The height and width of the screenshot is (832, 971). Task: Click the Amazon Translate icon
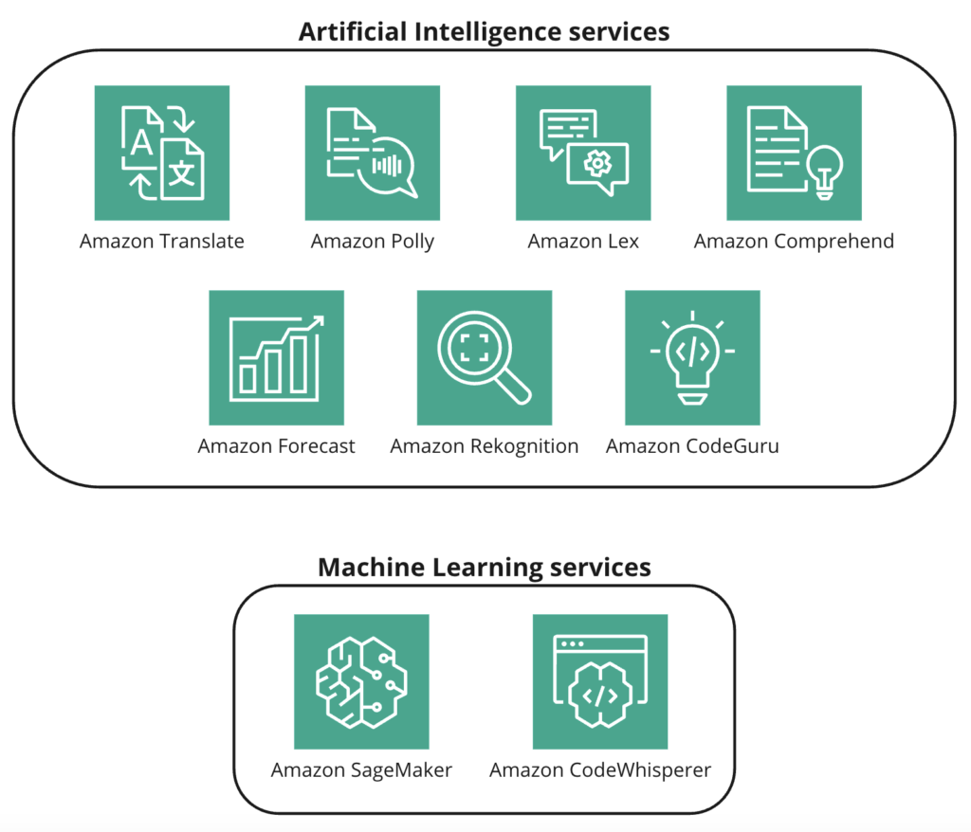[x=162, y=153]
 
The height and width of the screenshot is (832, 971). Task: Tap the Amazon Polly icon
[x=372, y=153]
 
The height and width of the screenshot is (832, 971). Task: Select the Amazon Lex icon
[x=583, y=153]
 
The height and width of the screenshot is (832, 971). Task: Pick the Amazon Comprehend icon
[x=794, y=153]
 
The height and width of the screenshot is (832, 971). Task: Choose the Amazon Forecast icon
[x=276, y=357]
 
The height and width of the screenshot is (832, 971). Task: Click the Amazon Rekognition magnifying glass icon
[x=484, y=357]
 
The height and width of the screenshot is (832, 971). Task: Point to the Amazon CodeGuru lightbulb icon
[x=692, y=357]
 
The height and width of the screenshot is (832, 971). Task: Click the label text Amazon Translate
[x=162, y=242]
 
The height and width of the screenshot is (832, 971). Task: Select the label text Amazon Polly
[x=373, y=242]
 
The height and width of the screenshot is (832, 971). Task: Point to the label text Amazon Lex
[x=583, y=242]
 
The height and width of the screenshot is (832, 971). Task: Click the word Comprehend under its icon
[x=834, y=242]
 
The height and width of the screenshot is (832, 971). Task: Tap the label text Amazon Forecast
[x=276, y=446]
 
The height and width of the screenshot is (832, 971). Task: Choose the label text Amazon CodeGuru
[x=692, y=446]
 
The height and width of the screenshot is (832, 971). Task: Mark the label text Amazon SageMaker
[x=361, y=770]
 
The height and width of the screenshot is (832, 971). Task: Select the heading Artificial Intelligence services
[x=484, y=31]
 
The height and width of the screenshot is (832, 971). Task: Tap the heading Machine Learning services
[x=484, y=568]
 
